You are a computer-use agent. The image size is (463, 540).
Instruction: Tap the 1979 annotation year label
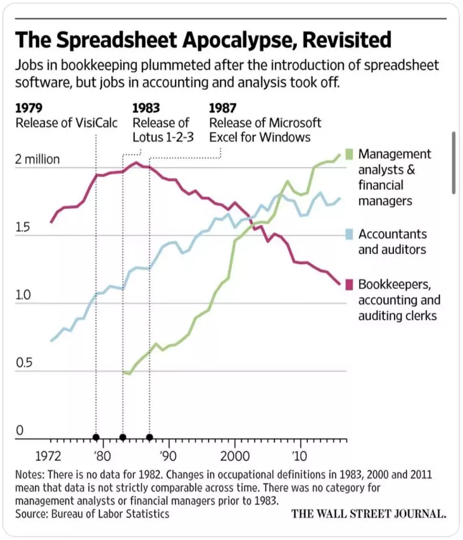[x=28, y=109]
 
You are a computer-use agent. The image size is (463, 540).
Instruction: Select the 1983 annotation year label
[x=146, y=109]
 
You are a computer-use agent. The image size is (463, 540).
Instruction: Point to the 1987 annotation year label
[x=223, y=109]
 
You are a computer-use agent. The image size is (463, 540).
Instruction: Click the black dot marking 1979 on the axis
[x=95, y=437]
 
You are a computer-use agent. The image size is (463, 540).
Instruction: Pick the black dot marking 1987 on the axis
[x=150, y=437]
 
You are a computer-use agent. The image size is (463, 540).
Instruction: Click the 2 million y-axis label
[x=37, y=159]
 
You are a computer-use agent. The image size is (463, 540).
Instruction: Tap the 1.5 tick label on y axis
[x=23, y=228]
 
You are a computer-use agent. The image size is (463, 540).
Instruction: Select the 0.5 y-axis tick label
[x=23, y=363]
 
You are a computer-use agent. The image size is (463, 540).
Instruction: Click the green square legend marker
[x=348, y=154]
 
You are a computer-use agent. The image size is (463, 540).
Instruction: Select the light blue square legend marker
[x=348, y=234]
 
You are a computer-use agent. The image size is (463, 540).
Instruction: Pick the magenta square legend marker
[x=348, y=284]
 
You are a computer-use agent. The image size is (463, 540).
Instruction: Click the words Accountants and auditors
[x=392, y=242]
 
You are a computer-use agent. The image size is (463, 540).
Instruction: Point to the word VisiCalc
[x=98, y=123]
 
